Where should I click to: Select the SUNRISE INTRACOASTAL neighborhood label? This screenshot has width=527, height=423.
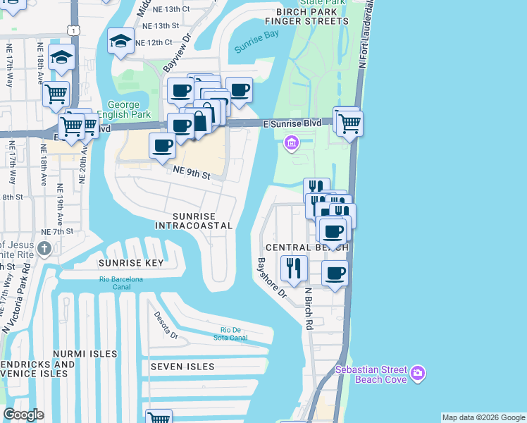coord(194,219)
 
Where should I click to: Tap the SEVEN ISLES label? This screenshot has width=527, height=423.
coord(182,367)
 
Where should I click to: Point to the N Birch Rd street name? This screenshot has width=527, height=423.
coord(308,308)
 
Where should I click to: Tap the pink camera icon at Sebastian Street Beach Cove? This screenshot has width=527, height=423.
coord(418,372)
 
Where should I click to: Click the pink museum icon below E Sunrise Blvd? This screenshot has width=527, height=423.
coord(290,144)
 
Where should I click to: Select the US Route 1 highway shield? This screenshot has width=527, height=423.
coord(73,30)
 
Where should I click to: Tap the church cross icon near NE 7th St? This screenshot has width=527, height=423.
coord(44,248)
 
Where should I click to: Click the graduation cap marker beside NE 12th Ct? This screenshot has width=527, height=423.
coord(120,41)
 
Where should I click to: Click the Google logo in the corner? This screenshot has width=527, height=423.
coord(23,415)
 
